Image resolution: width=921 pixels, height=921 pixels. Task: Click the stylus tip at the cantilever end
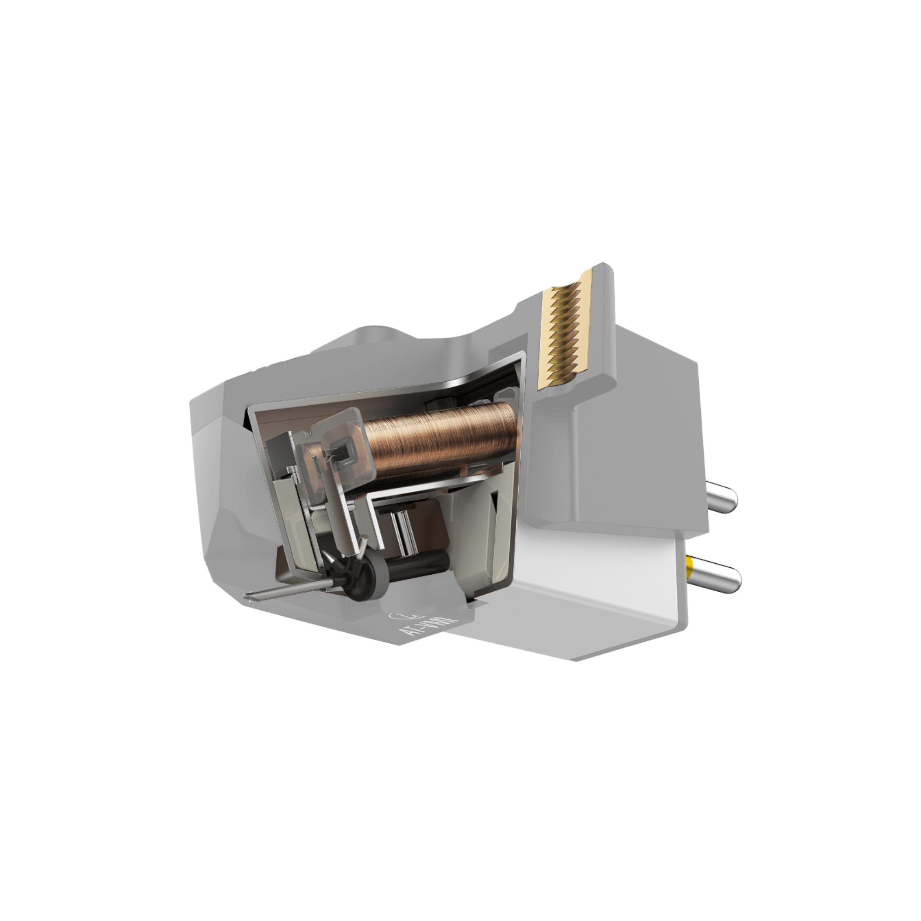(x=247, y=596)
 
